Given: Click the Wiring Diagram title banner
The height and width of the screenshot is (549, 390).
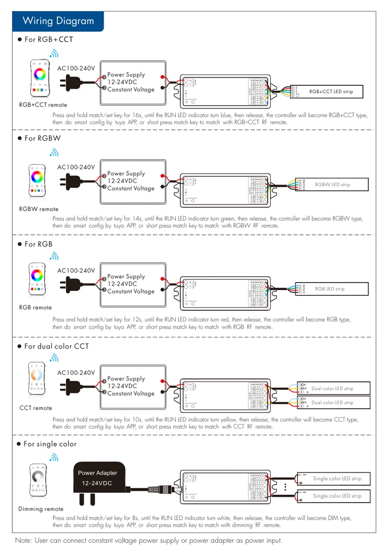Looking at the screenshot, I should click(58, 21).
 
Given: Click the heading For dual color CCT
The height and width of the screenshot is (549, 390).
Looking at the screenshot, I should click(56, 346).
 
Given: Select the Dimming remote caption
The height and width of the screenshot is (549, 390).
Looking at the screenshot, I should click(41, 509).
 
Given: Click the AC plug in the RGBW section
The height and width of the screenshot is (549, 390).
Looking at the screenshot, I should click(69, 181).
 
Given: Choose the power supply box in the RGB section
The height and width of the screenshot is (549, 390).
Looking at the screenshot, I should click(133, 284).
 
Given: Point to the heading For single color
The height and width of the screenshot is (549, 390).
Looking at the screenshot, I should click(50, 444).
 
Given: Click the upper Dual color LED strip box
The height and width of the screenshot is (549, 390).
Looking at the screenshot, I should click(333, 389).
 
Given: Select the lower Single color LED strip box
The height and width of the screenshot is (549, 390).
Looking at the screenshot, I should click(333, 496).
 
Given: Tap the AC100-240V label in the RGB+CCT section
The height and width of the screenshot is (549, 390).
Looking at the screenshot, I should click(76, 68).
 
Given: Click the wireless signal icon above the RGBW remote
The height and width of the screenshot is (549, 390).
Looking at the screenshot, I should click(54, 153).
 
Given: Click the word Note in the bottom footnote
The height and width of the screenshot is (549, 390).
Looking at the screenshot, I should click(24, 541).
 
